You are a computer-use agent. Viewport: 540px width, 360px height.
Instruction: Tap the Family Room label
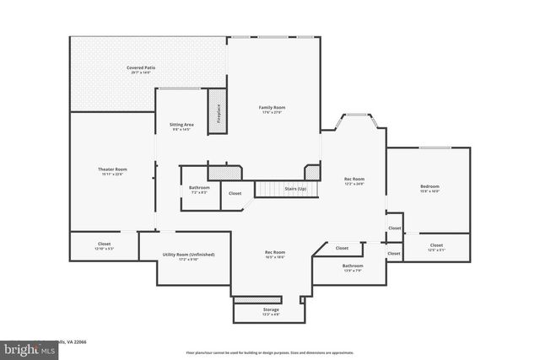pos(272,107)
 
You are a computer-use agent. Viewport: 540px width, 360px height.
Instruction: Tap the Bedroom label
pos(429,186)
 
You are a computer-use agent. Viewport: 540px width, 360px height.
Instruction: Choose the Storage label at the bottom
pos(271,309)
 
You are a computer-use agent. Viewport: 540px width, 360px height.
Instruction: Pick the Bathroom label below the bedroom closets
pos(353,266)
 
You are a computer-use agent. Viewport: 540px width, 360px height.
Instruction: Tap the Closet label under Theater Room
pos(104,244)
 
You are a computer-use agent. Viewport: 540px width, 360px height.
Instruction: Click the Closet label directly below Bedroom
pos(436,245)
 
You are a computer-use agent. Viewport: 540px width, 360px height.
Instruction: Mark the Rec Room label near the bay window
pos(354,179)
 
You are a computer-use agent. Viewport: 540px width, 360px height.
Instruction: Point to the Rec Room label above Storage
pos(275,252)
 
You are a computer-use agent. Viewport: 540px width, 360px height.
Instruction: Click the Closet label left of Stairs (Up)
pos(235,194)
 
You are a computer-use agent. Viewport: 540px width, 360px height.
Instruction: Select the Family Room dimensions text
pos(272,112)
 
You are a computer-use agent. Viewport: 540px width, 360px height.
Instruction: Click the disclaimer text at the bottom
pos(269,352)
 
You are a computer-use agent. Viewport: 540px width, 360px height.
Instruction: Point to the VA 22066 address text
pos(74,342)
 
